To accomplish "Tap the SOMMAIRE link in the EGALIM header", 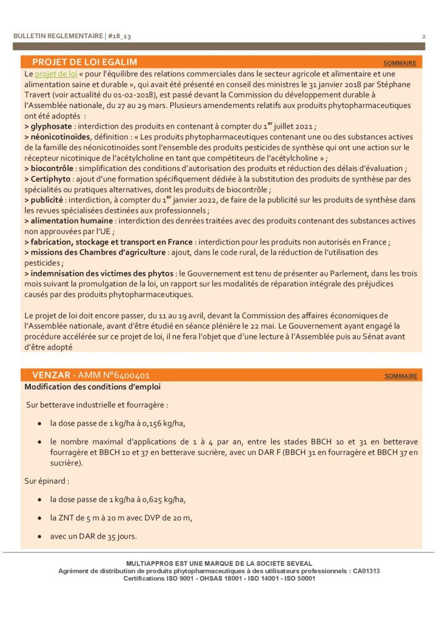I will click(400, 63).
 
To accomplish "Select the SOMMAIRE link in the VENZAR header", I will click(401, 376).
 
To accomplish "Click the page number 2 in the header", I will click(423, 36).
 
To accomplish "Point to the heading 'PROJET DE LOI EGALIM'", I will click(84, 62).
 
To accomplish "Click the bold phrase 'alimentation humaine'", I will click(72, 221).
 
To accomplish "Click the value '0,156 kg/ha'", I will click(158, 423).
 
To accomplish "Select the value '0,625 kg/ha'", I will click(158, 500).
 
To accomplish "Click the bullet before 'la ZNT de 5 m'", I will click(39, 518).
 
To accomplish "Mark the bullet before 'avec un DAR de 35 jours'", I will click(39, 537).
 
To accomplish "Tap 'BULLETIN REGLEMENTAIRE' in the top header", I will click(58, 36).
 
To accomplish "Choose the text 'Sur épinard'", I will click(46, 481).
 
